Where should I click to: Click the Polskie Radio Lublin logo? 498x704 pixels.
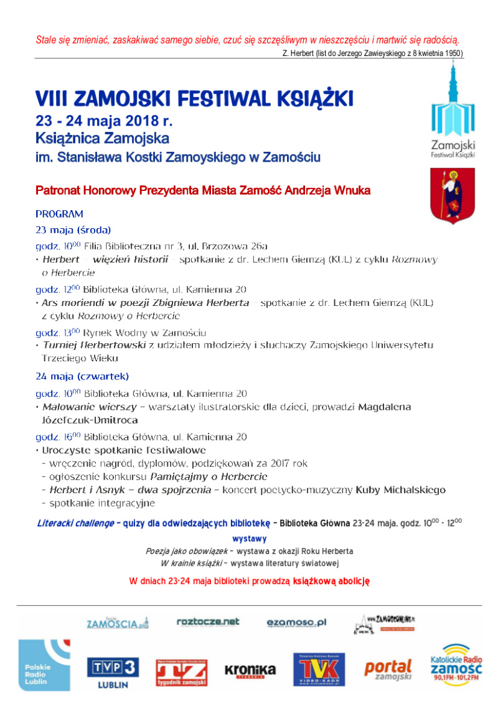(44, 665)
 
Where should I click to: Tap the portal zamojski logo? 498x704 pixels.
(388, 670)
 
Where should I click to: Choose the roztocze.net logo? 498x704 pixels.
(208, 622)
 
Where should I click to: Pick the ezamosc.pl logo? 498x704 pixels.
(296, 623)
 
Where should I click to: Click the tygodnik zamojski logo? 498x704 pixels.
(181, 672)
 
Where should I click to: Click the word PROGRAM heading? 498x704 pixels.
(59, 214)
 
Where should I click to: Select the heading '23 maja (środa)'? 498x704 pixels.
(73, 229)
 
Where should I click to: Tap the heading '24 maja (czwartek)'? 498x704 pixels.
(82, 376)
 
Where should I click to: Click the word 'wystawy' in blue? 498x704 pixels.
(249, 539)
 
